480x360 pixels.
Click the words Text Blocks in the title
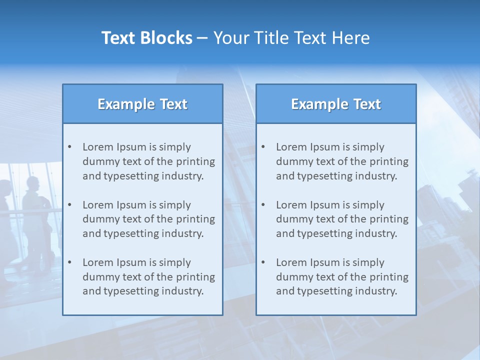pos(146,38)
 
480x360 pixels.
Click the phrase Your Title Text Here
pos(291,38)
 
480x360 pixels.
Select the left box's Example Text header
pos(142,104)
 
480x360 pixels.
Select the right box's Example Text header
pos(336,104)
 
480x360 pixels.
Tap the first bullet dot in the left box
pos(70,147)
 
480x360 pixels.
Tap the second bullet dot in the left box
pos(70,205)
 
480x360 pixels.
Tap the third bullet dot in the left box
pos(70,262)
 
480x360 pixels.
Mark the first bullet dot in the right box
pos(263,147)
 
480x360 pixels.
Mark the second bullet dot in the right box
pos(263,205)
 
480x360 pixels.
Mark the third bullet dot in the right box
pos(263,262)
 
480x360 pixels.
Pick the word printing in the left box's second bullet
pos(195,219)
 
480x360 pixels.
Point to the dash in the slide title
pos(202,38)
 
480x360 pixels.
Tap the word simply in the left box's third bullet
pos(175,262)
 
